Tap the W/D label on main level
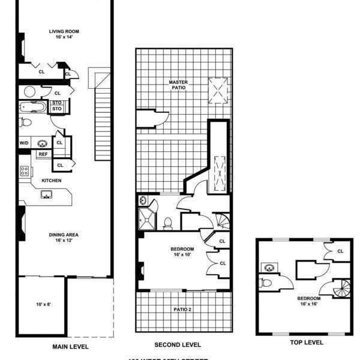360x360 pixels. pyautogui.click(x=24, y=143)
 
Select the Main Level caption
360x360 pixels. pyautogui.click(x=70, y=347)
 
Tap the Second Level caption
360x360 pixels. pyautogui.click(x=178, y=345)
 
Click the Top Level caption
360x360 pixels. pyautogui.click(x=307, y=343)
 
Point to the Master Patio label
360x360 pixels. pyautogui.click(x=178, y=85)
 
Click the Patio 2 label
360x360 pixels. pyautogui.click(x=184, y=310)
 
